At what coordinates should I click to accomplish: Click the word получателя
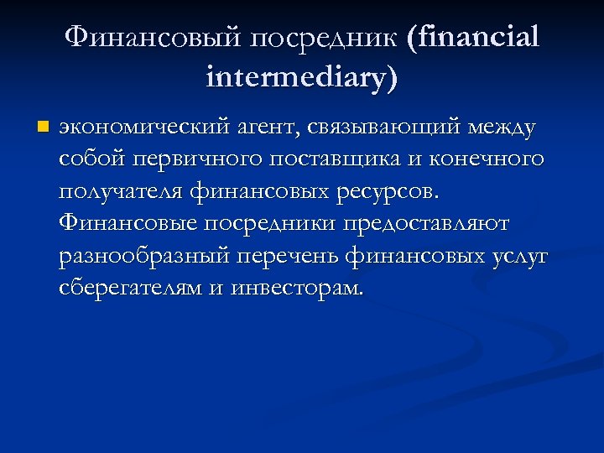tap(121, 191)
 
